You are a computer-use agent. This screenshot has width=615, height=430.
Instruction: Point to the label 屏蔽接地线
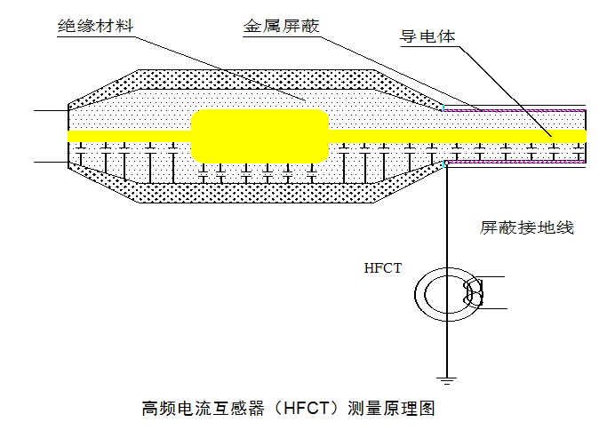[x=527, y=227]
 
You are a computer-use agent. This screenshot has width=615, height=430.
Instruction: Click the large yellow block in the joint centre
[x=260, y=136]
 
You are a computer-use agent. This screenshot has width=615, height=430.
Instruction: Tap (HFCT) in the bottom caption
[x=307, y=409]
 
